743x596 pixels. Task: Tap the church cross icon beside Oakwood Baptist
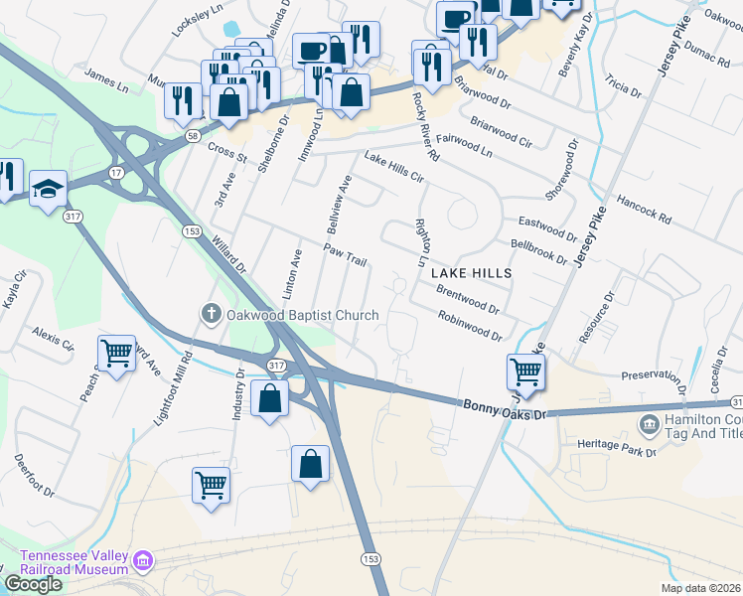(x=211, y=315)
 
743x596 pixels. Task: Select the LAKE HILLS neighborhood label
(x=472, y=272)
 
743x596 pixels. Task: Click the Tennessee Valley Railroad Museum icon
(x=143, y=563)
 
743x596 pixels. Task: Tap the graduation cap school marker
(x=48, y=189)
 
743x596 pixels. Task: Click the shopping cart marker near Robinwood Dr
(x=525, y=372)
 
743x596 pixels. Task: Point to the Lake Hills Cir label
(x=394, y=168)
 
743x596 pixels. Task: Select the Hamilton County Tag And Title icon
(x=649, y=425)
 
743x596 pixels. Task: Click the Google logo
(x=34, y=583)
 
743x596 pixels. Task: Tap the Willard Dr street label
(x=227, y=254)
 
